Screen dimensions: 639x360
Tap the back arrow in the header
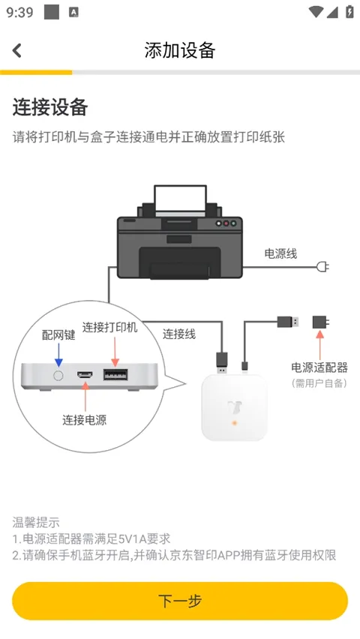(x=17, y=50)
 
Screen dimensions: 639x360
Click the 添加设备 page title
(x=180, y=50)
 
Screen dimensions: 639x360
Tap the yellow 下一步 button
(x=180, y=601)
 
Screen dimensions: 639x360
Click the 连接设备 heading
(x=50, y=107)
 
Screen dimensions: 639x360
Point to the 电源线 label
(x=280, y=253)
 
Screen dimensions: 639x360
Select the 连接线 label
(x=179, y=334)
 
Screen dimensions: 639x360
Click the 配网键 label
(x=58, y=334)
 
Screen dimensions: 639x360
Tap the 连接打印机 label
(x=110, y=327)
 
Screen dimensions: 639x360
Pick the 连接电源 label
(x=84, y=420)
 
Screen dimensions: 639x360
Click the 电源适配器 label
(x=319, y=367)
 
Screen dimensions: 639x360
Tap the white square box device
(x=234, y=408)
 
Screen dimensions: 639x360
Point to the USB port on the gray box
(x=115, y=373)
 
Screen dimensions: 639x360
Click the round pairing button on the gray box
(x=58, y=373)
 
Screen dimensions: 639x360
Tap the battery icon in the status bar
(x=349, y=12)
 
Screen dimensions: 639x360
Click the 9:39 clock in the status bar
(x=20, y=12)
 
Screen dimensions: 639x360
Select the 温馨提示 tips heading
(x=36, y=522)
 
